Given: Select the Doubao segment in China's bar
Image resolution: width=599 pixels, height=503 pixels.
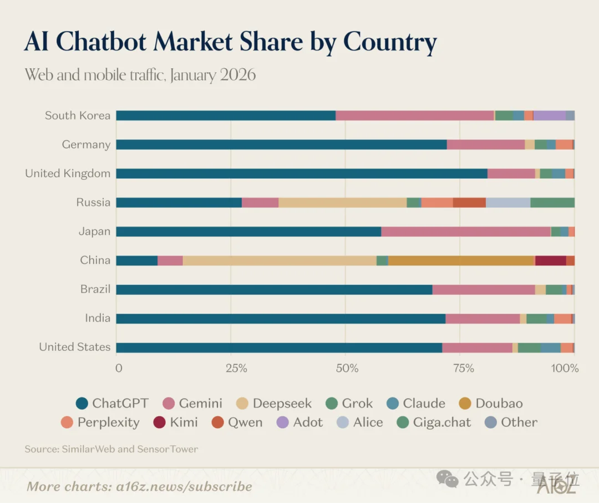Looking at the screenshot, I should pos(460,260).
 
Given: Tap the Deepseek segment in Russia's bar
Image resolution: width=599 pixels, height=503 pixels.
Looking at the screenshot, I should pos(342,203).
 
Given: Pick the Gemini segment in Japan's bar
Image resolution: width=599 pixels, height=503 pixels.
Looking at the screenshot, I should pos(465,232).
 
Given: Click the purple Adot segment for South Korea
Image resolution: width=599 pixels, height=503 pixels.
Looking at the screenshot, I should pos(549,115).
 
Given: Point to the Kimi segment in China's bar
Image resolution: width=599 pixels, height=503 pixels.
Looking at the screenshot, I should pos(550,260).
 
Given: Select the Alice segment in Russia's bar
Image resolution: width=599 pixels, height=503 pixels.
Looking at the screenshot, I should pos(507,203).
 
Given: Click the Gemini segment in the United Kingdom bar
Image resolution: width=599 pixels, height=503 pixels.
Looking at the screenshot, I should pos(511,174).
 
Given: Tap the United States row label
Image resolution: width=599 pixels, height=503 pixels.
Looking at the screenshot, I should pos(74,347).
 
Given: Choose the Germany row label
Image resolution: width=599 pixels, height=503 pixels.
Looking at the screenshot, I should pos(86,145).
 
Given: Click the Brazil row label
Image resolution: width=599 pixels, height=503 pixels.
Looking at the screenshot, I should pos(95,289).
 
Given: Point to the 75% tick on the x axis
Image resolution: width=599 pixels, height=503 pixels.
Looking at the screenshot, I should pos(463,368).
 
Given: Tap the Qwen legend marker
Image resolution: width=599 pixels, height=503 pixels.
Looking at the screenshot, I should pos(217,422).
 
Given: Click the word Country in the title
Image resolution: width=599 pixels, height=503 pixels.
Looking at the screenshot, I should pos(390,42).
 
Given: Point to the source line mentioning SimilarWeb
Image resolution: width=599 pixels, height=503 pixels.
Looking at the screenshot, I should pos(111,449).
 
